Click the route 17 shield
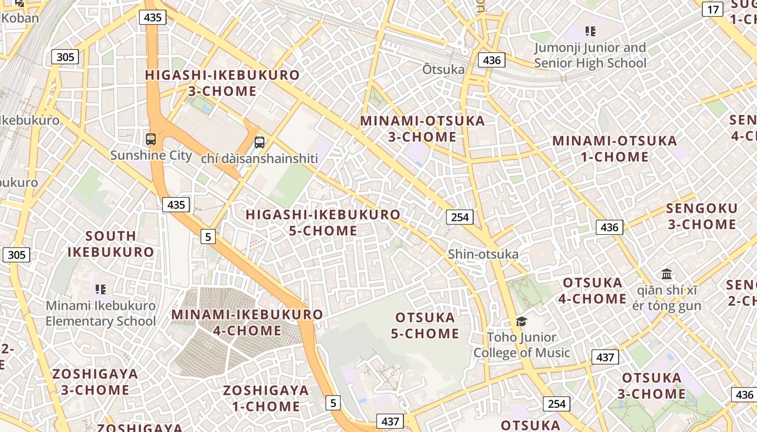713,9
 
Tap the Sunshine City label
151,156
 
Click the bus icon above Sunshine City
151,139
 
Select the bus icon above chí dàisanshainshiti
260,143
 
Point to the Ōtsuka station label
443,69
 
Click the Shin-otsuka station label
483,254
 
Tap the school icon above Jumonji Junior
590,31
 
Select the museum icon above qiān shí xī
667,274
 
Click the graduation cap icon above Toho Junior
521,321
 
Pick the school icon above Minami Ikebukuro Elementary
100,289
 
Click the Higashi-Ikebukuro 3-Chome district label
222,83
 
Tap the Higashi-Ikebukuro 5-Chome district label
323,222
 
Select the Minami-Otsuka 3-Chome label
422,129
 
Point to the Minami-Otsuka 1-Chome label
614,149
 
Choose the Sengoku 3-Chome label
702,216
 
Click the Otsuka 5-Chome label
425,325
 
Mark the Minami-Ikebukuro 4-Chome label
247,322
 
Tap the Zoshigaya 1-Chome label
266,398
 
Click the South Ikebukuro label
111,244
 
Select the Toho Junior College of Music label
522,345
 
